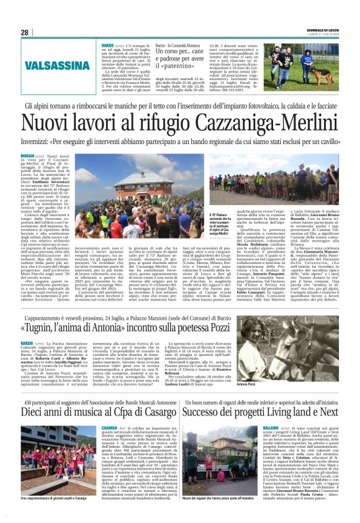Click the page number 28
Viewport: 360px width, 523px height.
(x=24, y=32)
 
